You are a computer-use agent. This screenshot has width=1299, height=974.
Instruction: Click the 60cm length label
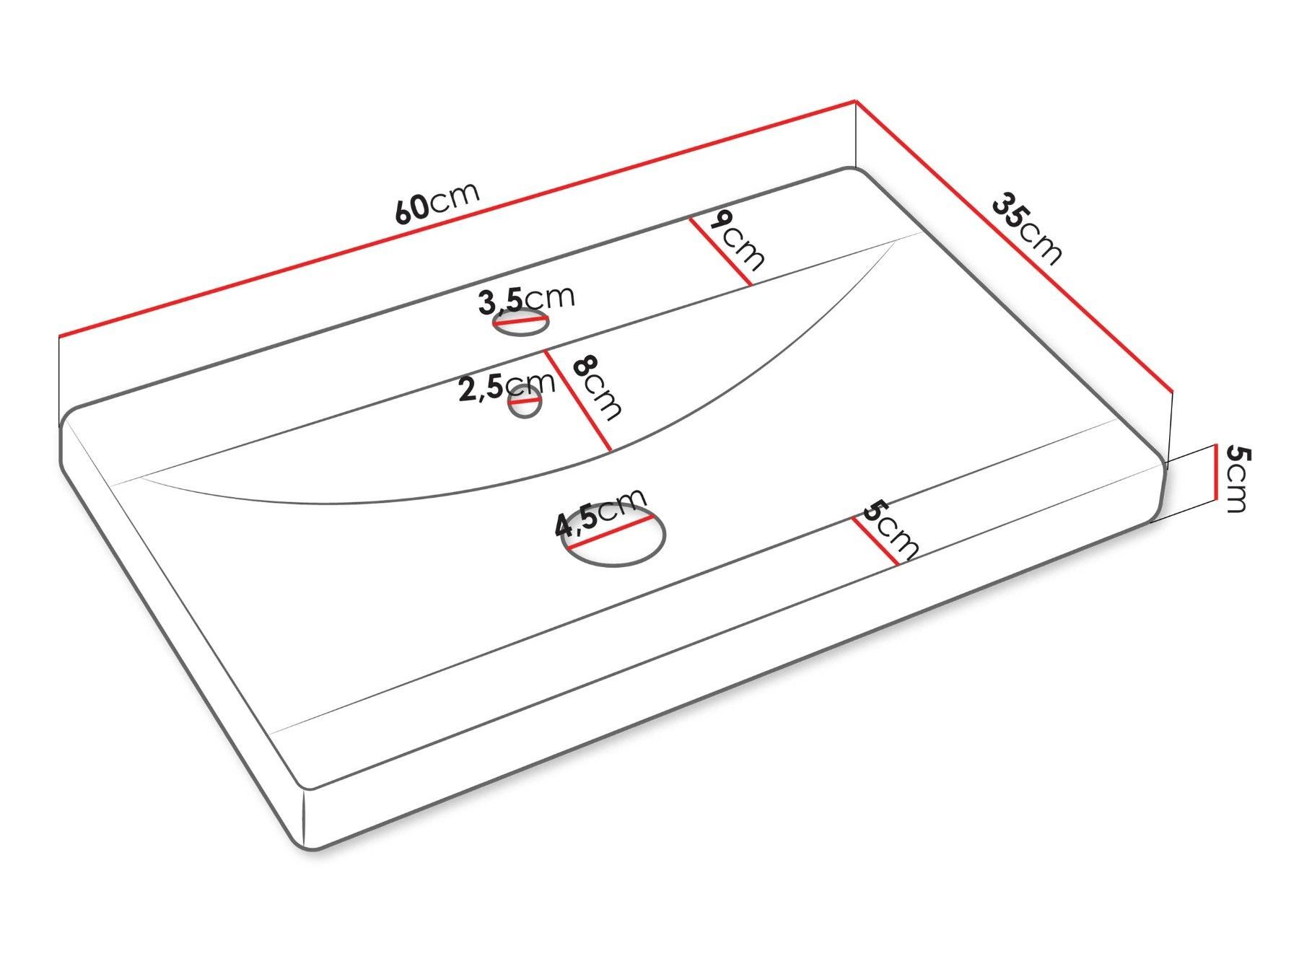point(437,203)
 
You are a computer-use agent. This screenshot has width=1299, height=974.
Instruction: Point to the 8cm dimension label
point(596,387)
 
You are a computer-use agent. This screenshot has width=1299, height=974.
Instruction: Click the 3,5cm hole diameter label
point(526,300)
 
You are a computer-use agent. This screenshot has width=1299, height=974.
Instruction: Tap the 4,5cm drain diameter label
point(600,513)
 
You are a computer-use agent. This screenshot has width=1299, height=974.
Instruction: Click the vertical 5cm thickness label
point(1238,479)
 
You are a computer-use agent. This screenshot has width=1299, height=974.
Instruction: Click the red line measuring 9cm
point(720,252)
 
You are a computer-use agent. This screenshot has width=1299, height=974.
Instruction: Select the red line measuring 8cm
point(578,401)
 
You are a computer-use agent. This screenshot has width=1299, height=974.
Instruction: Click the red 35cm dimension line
point(1013,245)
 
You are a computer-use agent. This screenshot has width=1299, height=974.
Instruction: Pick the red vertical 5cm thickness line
point(1217,472)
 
